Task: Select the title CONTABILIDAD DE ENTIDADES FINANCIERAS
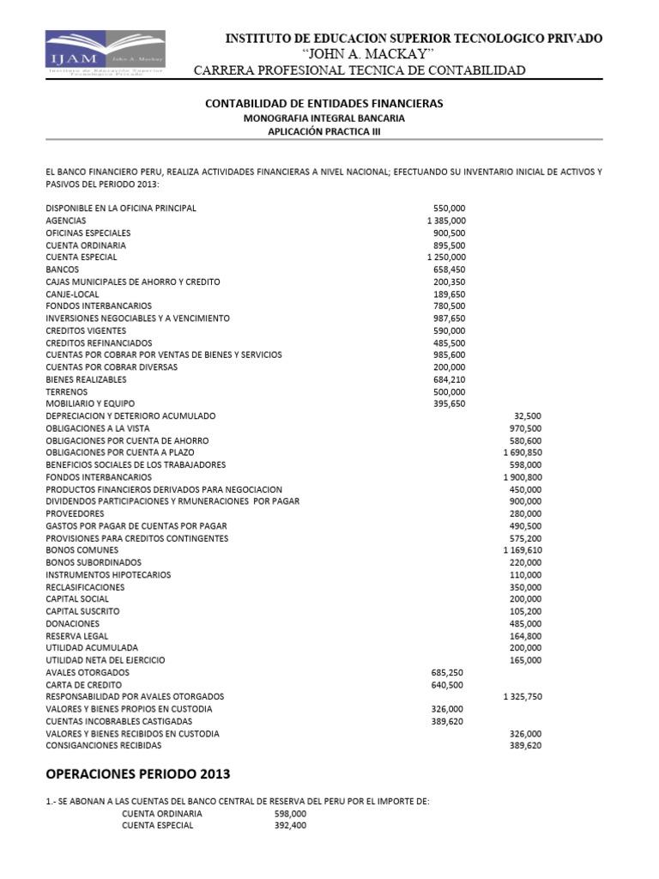tap(324, 103)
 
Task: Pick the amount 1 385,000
tap(445, 221)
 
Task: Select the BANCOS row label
tap(62, 270)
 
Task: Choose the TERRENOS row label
tap(67, 391)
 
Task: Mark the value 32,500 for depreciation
tap(527, 415)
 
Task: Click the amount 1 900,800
tap(522, 476)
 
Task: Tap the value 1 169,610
tap(522, 550)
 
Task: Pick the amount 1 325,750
tap(522, 697)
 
